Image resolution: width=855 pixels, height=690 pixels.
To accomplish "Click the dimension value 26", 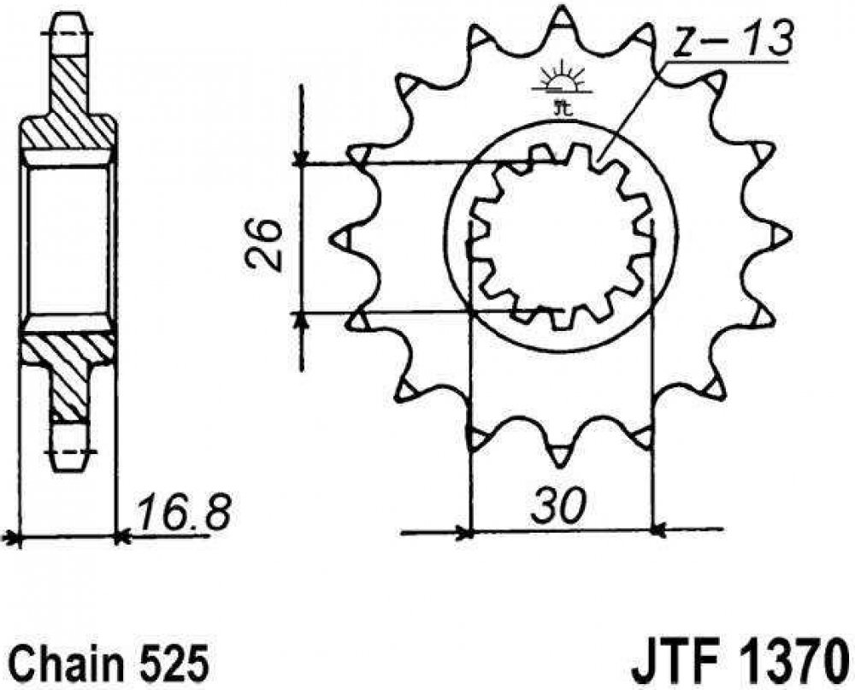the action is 263,245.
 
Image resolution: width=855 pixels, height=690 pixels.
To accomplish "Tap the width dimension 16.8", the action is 184,513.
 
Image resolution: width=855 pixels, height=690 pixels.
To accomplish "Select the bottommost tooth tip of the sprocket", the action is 561,467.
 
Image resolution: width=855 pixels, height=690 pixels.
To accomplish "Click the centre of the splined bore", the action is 561,237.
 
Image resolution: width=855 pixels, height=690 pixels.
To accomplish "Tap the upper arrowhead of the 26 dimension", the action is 300,162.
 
